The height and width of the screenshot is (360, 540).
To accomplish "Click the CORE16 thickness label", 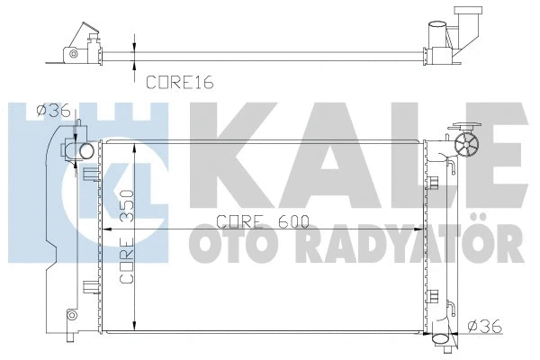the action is point(180,82).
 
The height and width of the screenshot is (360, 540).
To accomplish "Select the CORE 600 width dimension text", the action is point(263,222).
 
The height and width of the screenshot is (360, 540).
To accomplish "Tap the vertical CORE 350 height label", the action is point(126,237).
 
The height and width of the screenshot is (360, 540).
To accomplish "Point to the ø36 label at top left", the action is point(53,111).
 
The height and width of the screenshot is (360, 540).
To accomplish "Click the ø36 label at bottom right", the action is point(485,326).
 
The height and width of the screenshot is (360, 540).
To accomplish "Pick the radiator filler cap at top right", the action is point(467,145).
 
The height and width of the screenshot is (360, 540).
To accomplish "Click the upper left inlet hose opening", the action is point(86,151).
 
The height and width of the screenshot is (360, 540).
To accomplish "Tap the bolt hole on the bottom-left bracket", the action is point(71,314).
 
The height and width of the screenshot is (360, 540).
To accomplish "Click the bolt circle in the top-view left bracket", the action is point(73,54).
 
